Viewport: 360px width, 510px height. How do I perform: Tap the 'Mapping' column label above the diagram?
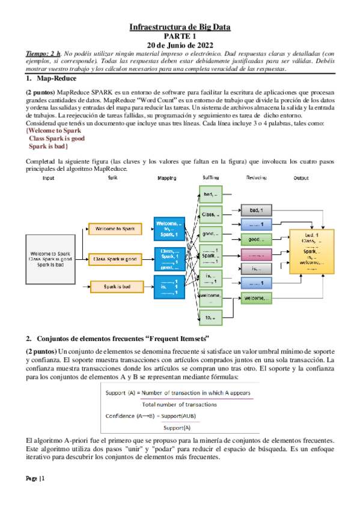pyautogui.click(x=166, y=179)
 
